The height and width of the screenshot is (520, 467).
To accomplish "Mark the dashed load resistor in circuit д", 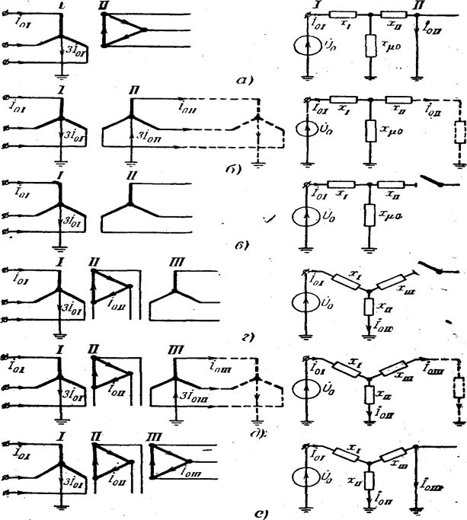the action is point(458,388).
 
